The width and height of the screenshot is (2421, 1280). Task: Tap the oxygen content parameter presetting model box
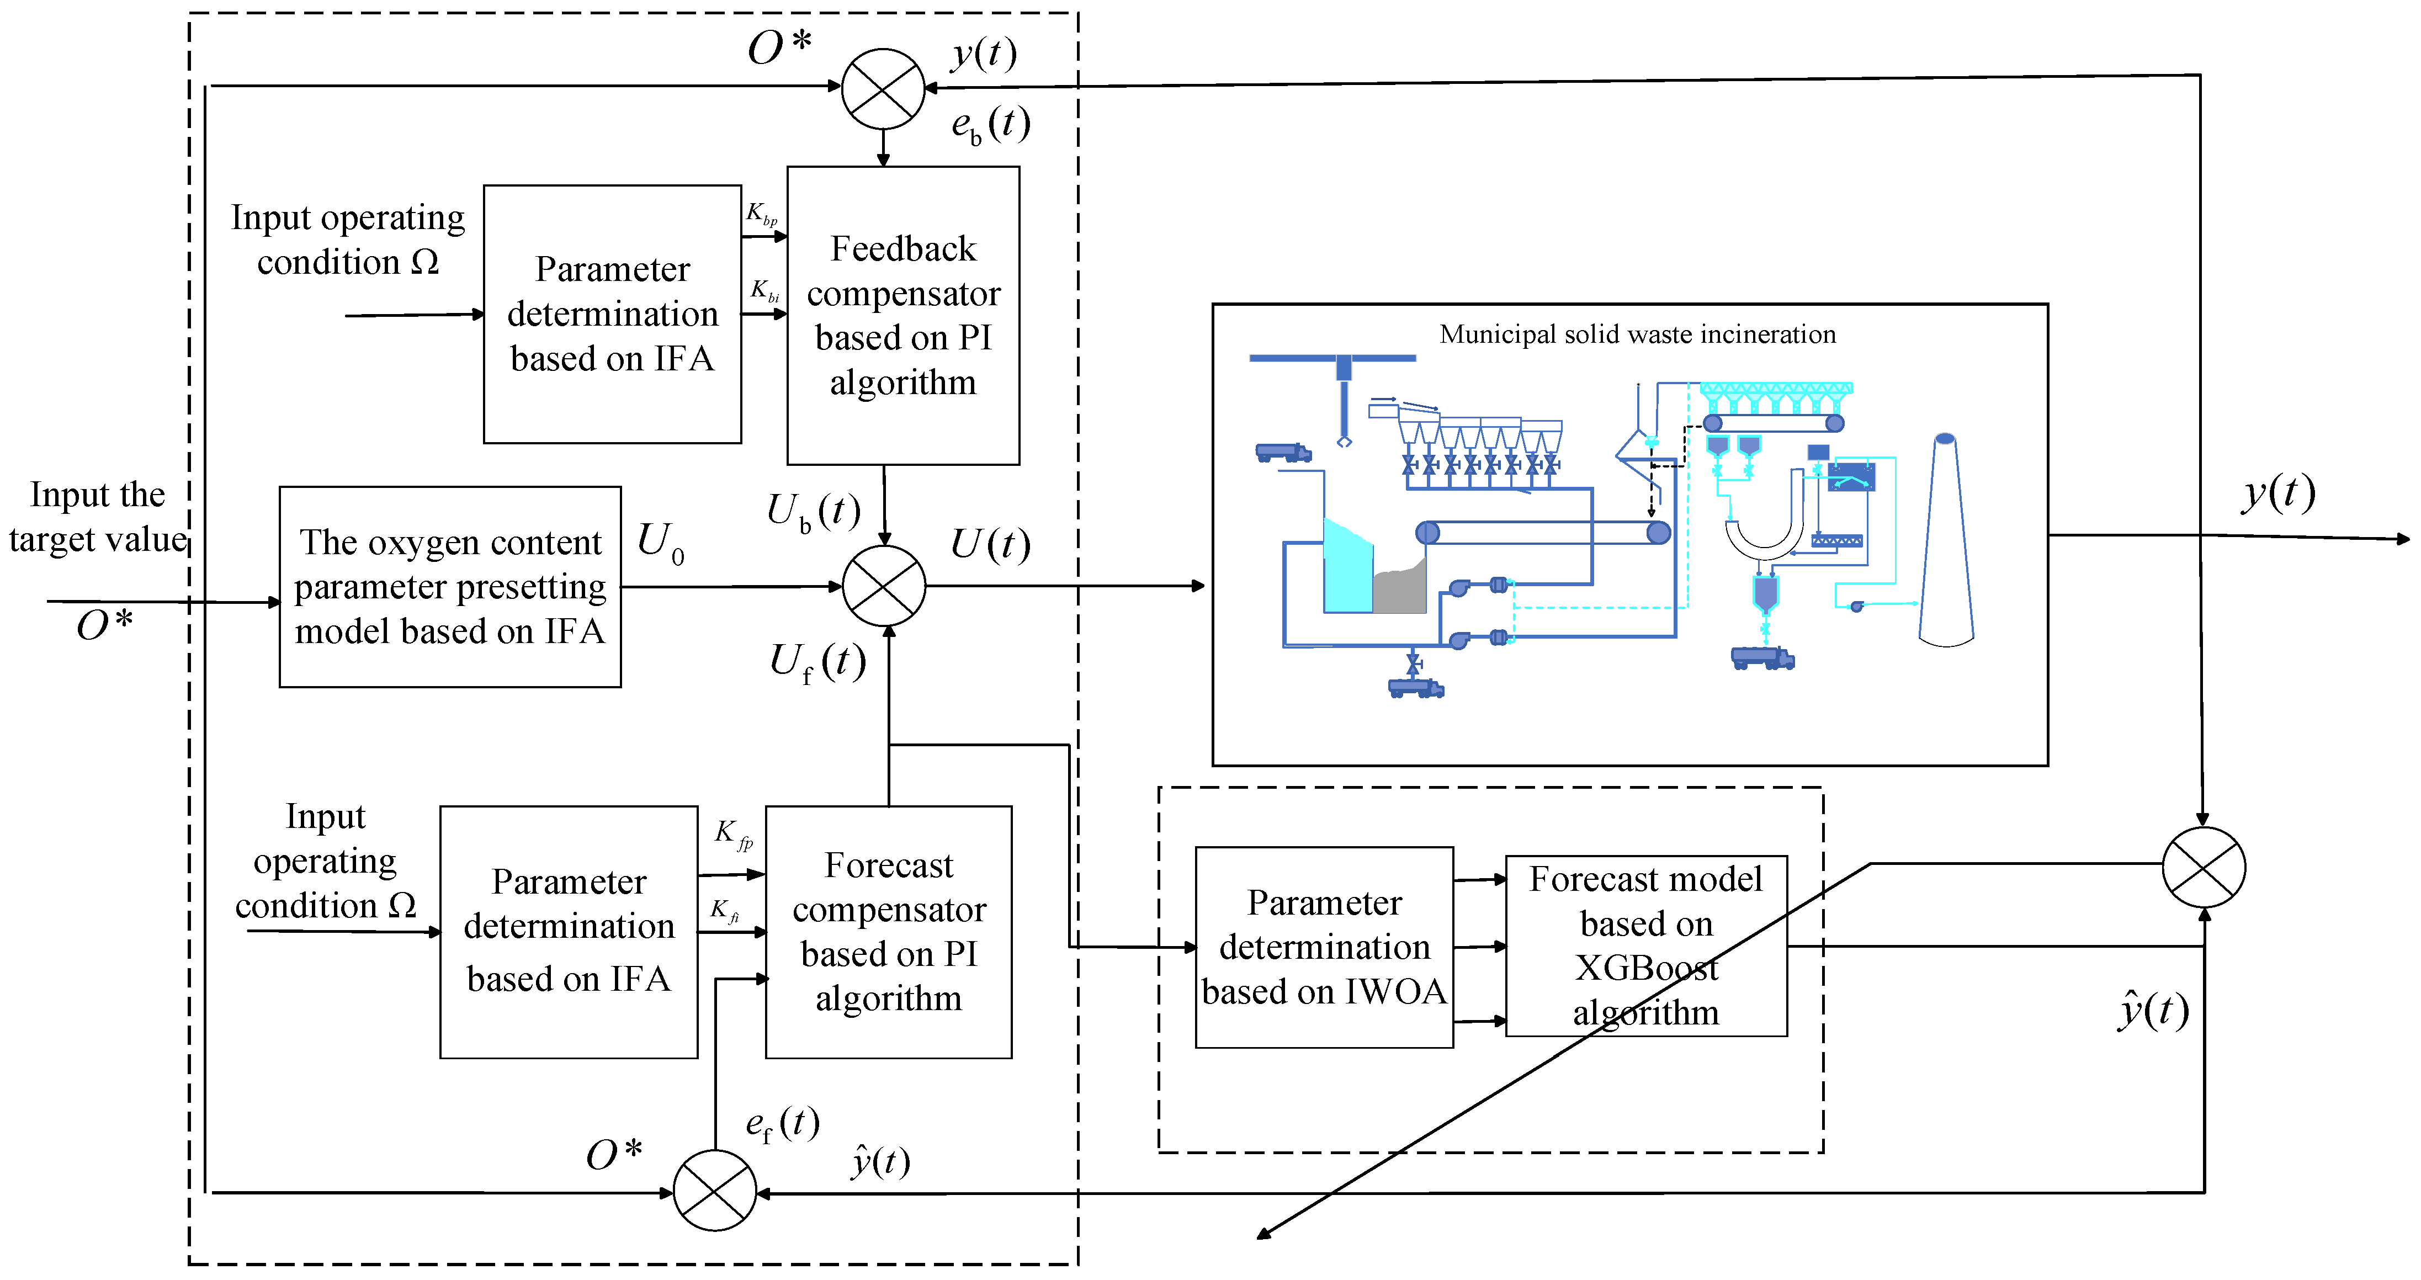pos(450,586)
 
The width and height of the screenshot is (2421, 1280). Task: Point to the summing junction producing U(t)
pos(883,586)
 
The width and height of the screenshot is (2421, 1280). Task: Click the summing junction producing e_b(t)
pos(883,89)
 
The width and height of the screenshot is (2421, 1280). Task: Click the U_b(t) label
pos(813,512)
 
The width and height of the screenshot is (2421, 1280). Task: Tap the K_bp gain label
pos(761,214)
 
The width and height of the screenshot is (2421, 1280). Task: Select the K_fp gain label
pos(733,833)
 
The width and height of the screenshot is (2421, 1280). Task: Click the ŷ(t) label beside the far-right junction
pos(2152,1011)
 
